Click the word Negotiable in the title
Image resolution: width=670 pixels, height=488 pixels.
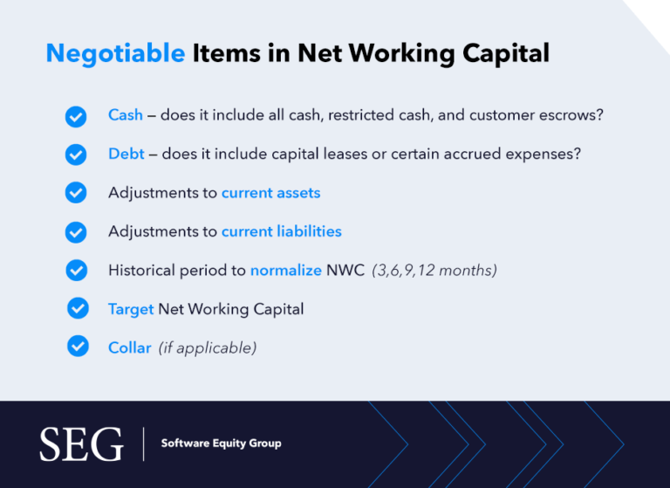coord(115,53)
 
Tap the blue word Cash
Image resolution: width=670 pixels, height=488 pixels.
coord(126,115)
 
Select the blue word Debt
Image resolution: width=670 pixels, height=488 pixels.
coord(126,154)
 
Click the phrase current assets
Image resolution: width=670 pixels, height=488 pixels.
coord(270,193)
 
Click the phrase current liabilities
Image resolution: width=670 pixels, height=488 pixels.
coord(281,231)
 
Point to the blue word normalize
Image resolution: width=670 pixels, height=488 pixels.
coord(286,271)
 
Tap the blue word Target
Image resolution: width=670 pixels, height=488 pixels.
coord(131,309)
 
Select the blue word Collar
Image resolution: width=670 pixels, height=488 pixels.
coord(129,347)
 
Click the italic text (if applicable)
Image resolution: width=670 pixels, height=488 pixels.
coord(208,347)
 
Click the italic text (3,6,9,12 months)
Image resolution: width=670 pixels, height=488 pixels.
coord(434,271)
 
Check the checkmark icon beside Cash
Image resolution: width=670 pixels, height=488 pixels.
coord(77,116)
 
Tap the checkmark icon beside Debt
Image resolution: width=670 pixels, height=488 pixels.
coord(77,155)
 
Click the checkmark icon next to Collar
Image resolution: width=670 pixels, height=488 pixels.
coord(78,347)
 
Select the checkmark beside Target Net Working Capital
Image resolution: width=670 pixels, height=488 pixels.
coord(78,308)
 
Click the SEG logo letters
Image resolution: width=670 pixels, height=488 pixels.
coord(82,445)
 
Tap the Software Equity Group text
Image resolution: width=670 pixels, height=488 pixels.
coord(221,443)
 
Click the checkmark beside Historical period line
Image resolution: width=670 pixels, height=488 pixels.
coord(77,270)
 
